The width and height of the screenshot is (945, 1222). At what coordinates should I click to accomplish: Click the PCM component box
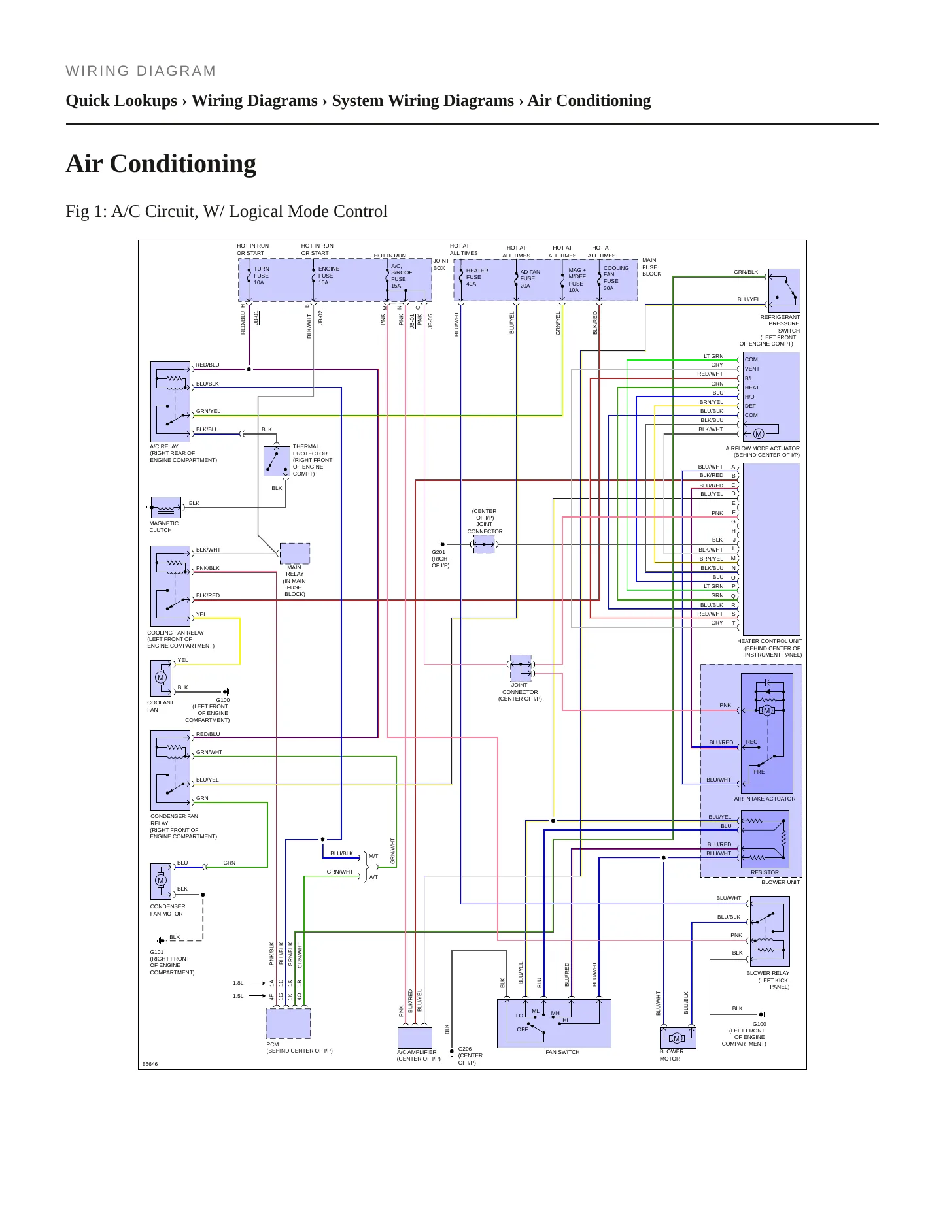288,1023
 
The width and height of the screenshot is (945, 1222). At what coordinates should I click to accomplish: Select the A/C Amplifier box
415,1038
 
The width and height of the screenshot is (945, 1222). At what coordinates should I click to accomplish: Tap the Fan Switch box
554,1023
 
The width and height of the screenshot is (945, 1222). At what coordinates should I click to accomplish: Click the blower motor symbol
678,1038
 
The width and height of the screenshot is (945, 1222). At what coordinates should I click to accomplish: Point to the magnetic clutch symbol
165,507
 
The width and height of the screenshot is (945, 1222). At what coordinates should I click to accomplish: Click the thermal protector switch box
277,461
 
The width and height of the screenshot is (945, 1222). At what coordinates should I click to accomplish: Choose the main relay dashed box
295,553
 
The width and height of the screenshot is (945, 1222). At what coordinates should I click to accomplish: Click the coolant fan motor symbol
161,678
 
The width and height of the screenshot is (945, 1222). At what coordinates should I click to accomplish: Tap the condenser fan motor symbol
161,881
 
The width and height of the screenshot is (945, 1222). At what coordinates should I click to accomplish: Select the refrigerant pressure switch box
784,291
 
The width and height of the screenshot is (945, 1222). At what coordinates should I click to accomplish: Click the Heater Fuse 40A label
477,277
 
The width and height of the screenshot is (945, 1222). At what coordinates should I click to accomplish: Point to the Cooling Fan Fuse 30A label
615,278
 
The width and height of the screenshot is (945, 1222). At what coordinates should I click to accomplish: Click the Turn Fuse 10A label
261,276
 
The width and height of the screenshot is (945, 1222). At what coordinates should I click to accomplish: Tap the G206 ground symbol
451,1053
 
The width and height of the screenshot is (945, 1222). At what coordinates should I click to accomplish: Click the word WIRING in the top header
98,71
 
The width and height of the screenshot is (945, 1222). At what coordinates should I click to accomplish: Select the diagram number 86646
150,1064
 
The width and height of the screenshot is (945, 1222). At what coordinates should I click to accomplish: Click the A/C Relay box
170,402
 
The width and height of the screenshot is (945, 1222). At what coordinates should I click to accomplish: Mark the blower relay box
770,931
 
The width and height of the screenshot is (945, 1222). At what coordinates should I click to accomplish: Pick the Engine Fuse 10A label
328,276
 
